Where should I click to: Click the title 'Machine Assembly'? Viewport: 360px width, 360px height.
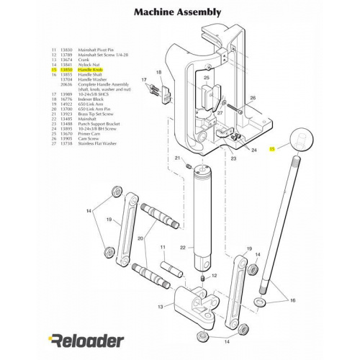[179, 13]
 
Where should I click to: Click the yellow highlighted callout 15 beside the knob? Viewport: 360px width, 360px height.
[271, 148]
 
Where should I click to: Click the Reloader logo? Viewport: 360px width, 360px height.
[86, 339]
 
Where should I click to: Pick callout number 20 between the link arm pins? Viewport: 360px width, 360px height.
[140, 238]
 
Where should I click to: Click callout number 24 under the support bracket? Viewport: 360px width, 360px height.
[254, 150]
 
